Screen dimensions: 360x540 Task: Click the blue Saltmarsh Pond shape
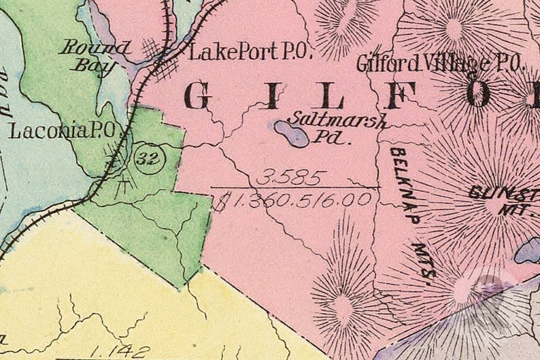coord(292,133)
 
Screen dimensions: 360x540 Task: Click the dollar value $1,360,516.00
coord(292,199)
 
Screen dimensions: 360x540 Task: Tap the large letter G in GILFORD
coord(198,97)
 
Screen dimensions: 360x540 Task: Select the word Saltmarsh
coord(337,121)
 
